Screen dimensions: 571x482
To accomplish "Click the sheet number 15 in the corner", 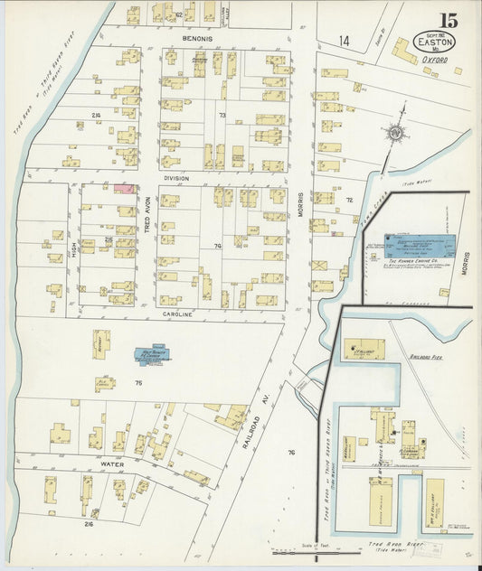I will (449, 20).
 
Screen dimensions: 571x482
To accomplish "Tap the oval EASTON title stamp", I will (435, 42).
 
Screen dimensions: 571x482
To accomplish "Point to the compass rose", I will (395, 134).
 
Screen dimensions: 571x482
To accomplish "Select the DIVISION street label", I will (176, 178).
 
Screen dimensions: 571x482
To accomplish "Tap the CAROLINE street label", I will (178, 314).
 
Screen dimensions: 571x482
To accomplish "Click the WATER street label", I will (112, 464).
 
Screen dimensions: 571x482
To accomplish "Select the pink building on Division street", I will (124, 189).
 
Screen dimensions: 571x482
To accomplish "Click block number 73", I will (221, 116).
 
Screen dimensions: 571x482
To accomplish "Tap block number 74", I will (217, 246).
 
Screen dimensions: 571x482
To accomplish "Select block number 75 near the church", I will (138, 383).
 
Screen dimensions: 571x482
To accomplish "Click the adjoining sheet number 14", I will (344, 41).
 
